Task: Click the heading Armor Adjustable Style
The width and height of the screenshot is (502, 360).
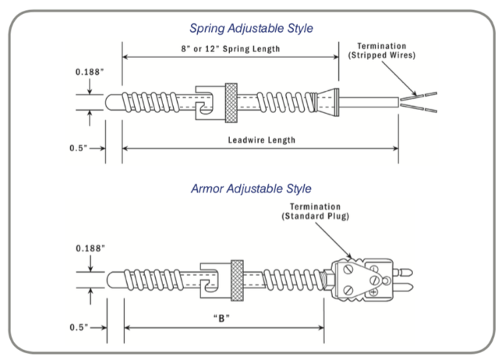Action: pos(251,188)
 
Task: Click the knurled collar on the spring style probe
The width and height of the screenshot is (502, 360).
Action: pos(232,100)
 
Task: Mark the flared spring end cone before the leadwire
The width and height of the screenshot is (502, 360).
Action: pos(328,101)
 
